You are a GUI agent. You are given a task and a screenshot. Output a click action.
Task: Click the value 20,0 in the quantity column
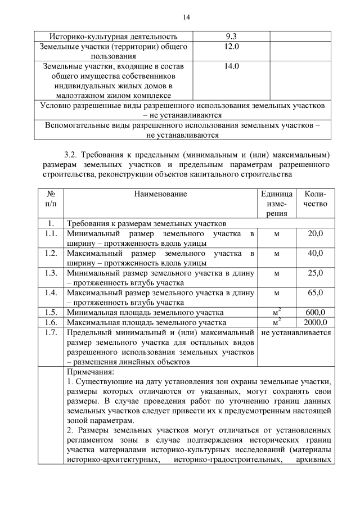tap(315, 233)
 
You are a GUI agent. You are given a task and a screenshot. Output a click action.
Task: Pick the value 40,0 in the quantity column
tap(315, 253)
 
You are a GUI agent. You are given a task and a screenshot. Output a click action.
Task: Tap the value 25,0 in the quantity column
tap(315, 273)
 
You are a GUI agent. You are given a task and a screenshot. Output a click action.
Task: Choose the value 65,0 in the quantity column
tap(315, 292)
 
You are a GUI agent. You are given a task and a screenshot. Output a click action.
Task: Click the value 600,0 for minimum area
tap(315, 312)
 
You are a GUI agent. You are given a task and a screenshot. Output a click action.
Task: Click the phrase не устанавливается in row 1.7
tap(296, 332)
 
